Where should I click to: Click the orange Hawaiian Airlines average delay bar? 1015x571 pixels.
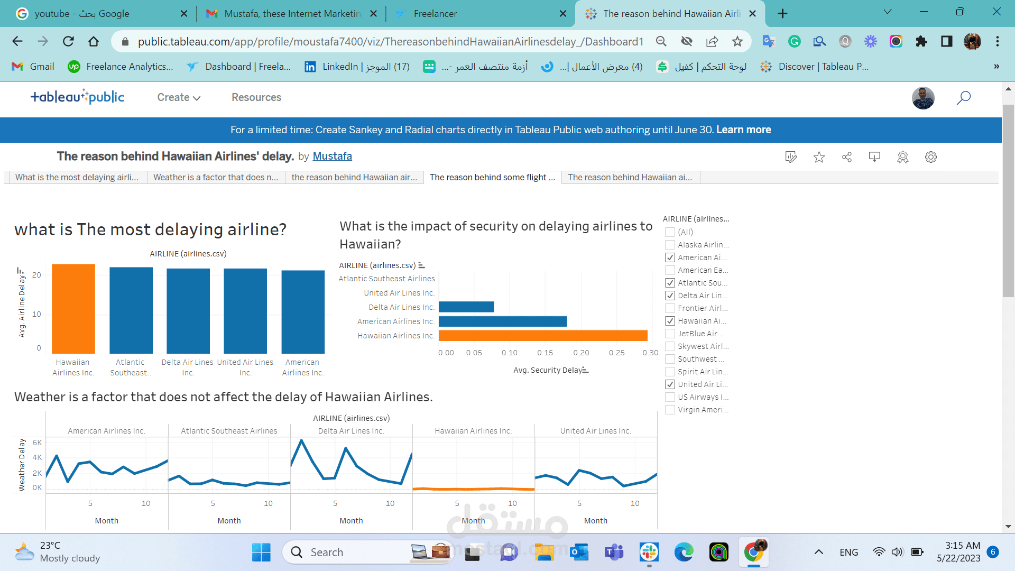[73, 309]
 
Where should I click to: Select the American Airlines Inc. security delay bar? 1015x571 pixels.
[502, 321]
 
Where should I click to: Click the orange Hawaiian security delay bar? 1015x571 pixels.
[543, 336]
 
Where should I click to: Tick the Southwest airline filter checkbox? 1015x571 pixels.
[670, 359]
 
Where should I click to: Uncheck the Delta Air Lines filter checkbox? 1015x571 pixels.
[670, 296]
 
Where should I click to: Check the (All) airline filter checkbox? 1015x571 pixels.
[670, 232]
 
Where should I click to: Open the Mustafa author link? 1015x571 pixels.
[332, 156]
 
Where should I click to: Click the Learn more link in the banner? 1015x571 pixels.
[743, 130]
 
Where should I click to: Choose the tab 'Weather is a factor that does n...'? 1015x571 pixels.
[216, 177]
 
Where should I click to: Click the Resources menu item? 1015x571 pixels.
[256, 97]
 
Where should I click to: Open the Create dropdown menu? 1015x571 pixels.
[178, 97]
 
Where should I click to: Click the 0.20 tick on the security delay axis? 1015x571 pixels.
[581, 353]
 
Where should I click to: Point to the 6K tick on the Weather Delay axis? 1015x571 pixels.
[37, 443]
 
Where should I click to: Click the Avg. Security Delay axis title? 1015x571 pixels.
[548, 370]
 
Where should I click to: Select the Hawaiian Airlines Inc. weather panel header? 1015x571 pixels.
[473, 431]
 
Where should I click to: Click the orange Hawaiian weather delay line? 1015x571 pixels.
[473, 489]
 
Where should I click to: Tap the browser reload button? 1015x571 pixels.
[68, 41]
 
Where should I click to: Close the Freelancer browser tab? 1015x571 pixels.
[563, 14]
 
